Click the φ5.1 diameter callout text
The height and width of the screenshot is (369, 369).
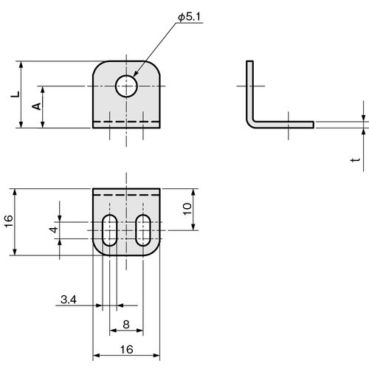(189, 17)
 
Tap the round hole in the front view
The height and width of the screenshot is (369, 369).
(126, 86)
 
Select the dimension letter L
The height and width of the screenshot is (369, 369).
(15, 94)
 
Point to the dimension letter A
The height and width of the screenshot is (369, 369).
(37, 106)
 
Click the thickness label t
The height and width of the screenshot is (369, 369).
(355, 159)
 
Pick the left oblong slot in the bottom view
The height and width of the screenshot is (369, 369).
(110, 230)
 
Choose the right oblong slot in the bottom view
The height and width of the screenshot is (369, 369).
(143, 230)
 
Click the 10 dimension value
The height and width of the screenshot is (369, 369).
(187, 209)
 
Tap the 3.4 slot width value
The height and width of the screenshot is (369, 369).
(69, 300)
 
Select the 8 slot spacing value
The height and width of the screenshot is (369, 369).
(126, 325)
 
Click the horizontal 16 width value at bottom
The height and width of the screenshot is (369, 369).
(126, 350)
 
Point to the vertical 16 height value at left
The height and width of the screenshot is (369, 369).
(9, 221)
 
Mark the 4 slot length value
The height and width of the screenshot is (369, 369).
(54, 230)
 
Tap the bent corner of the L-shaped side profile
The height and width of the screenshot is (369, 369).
(250, 124)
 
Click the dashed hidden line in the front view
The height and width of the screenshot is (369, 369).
(126, 122)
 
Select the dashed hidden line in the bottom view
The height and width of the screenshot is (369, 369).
(126, 195)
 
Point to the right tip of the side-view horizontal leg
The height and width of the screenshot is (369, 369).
(314, 125)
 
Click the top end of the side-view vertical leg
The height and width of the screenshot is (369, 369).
(249, 61)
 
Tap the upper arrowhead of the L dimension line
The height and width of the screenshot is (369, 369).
(21, 64)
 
